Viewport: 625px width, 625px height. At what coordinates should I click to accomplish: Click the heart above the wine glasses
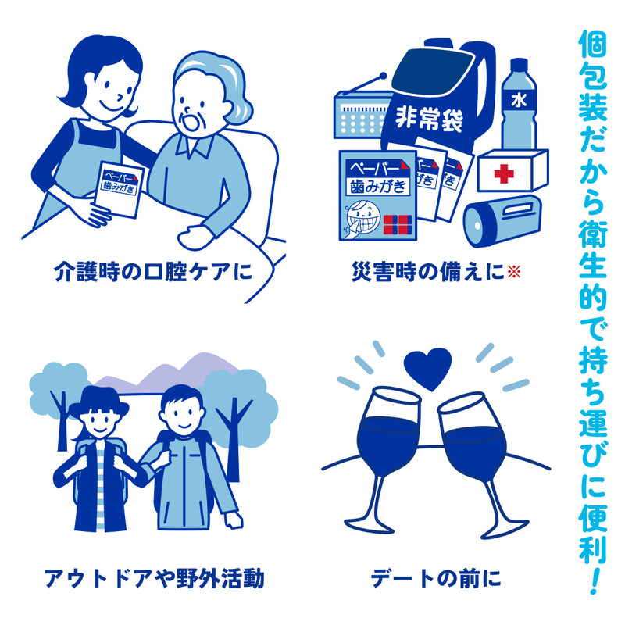(428, 367)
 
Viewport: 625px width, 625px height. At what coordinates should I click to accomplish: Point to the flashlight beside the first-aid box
(502, 220)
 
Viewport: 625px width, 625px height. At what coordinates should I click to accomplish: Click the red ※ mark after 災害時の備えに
(513, 272)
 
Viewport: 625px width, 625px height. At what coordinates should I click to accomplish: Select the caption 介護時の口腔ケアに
(153, 272)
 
